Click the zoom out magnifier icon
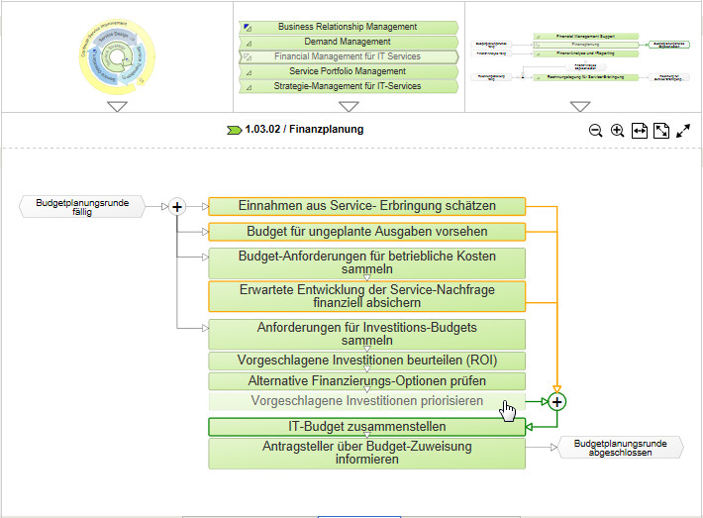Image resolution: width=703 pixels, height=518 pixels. tap(596, 131)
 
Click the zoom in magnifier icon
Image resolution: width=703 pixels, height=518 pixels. tap(617, 131)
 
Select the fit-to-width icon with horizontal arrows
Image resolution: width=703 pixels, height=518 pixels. tap(639, 131)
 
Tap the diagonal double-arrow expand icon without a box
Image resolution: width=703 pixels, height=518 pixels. tap(683, 131)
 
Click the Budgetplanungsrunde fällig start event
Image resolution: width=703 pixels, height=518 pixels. tap(82, 206)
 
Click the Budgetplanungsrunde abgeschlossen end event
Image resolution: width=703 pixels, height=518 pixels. tap(621, 448)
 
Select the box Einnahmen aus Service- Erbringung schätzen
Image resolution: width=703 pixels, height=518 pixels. tap(366, 206)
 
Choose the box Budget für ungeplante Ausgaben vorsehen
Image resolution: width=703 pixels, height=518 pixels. tap(366, 232)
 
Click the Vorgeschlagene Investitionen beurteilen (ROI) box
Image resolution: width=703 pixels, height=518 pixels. tap(366, 361)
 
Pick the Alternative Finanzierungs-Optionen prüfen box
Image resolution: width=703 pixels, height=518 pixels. tap(366, 380)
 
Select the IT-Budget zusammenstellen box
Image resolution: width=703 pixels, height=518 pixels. tap(366, 427)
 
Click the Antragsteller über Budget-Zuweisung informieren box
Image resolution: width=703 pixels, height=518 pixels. tap(366, 453)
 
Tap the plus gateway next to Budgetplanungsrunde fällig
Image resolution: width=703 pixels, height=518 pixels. tap(177, 206)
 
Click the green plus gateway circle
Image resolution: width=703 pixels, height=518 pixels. tap(557, 401)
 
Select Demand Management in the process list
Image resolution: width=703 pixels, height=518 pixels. tap(348, 42)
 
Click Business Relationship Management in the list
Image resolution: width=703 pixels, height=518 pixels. tap(348, 27)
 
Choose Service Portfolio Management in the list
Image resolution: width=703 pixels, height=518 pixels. tap(348, 71)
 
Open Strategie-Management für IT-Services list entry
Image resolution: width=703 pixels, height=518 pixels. tap(348, 86)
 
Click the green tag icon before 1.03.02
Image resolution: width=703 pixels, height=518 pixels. tap(235, 130)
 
